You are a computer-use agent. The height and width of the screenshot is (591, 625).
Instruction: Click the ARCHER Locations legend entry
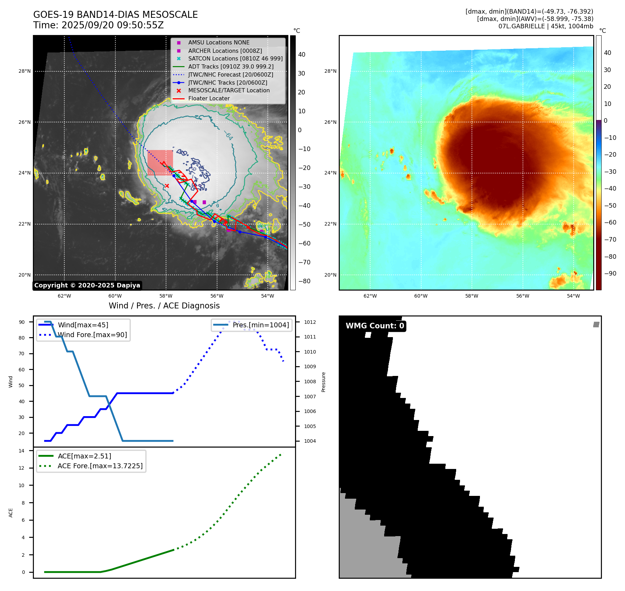(225, 51)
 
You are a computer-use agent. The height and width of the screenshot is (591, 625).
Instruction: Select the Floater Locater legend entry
(209, 99)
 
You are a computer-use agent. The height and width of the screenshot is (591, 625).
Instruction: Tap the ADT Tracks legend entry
(231, 66)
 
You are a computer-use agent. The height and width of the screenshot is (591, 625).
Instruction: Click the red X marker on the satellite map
(167, 186)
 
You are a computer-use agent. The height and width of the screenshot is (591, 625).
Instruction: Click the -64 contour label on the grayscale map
(229, 136)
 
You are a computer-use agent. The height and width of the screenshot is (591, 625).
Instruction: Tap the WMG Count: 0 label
(375, 326)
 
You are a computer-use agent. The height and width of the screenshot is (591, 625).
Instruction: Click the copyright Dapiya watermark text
(87, 285)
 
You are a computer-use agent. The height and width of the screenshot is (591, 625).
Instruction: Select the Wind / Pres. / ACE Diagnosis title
(164, 306)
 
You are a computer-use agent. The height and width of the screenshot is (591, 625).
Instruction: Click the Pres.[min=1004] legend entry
(261, 325)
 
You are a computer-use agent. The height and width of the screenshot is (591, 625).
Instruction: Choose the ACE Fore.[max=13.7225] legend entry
(100, 466)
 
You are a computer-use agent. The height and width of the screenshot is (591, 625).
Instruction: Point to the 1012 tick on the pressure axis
(310, 322)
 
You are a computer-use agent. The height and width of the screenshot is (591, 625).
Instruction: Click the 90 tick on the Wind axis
(22, 322)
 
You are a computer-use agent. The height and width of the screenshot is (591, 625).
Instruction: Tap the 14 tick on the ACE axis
(22, 451)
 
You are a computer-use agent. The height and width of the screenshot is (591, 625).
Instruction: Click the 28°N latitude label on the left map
(24, 71)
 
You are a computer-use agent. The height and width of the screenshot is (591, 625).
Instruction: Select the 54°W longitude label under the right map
(573, 296)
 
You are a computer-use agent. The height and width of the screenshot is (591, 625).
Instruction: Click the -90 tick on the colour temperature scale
(610, 273)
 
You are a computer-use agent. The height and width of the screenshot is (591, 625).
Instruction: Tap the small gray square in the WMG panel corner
(596, 325)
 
